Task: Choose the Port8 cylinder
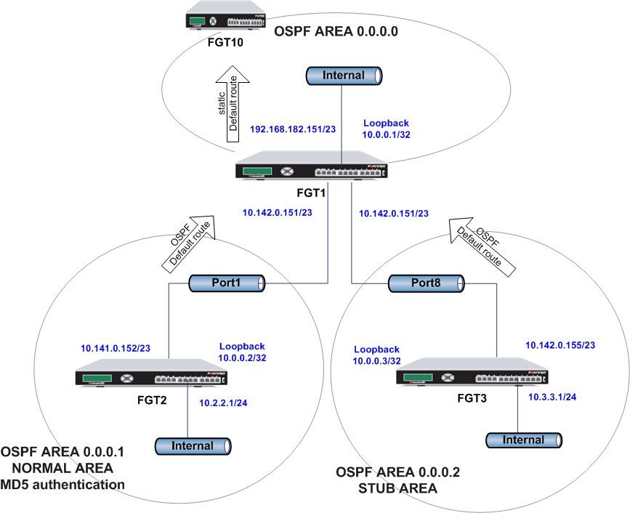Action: coord(426,283)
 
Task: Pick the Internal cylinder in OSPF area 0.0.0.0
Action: coord(344,75)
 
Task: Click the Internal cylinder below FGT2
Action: coord(192,445)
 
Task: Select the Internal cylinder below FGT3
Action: coord(524,440)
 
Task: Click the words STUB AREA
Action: coord(397,489)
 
